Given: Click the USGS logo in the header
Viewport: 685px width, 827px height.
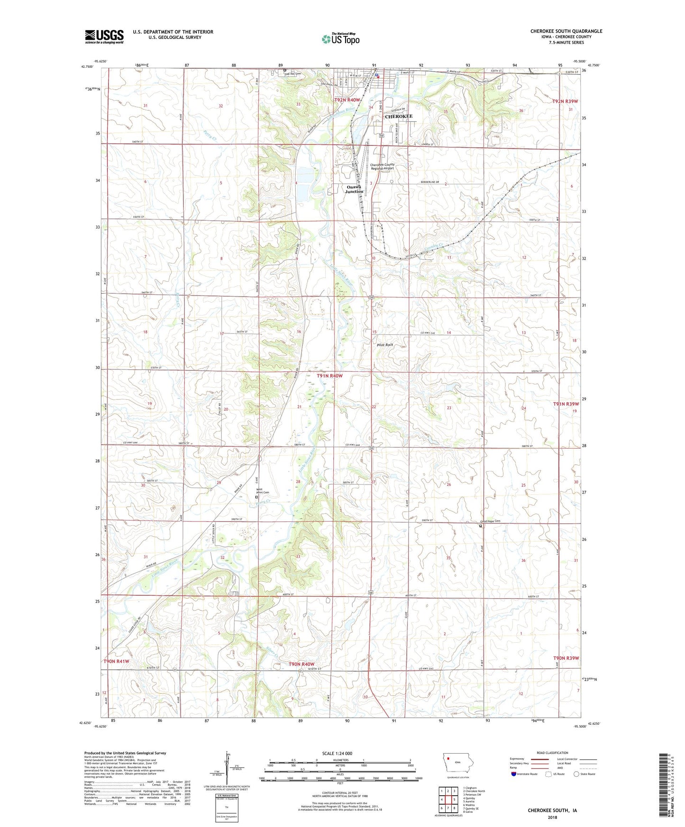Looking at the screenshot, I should (104, 36).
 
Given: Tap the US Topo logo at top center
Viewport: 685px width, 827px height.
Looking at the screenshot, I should (340, 39).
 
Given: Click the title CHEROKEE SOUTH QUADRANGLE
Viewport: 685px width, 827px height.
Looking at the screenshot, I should (566, 31).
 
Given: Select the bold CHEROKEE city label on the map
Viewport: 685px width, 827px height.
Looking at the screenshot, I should (398, 117).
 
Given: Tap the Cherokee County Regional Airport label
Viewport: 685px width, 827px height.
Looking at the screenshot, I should (382, 166).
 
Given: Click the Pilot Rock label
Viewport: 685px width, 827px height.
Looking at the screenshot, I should (384, 345).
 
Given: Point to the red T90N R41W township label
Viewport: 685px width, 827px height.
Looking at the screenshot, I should (116, 661).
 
